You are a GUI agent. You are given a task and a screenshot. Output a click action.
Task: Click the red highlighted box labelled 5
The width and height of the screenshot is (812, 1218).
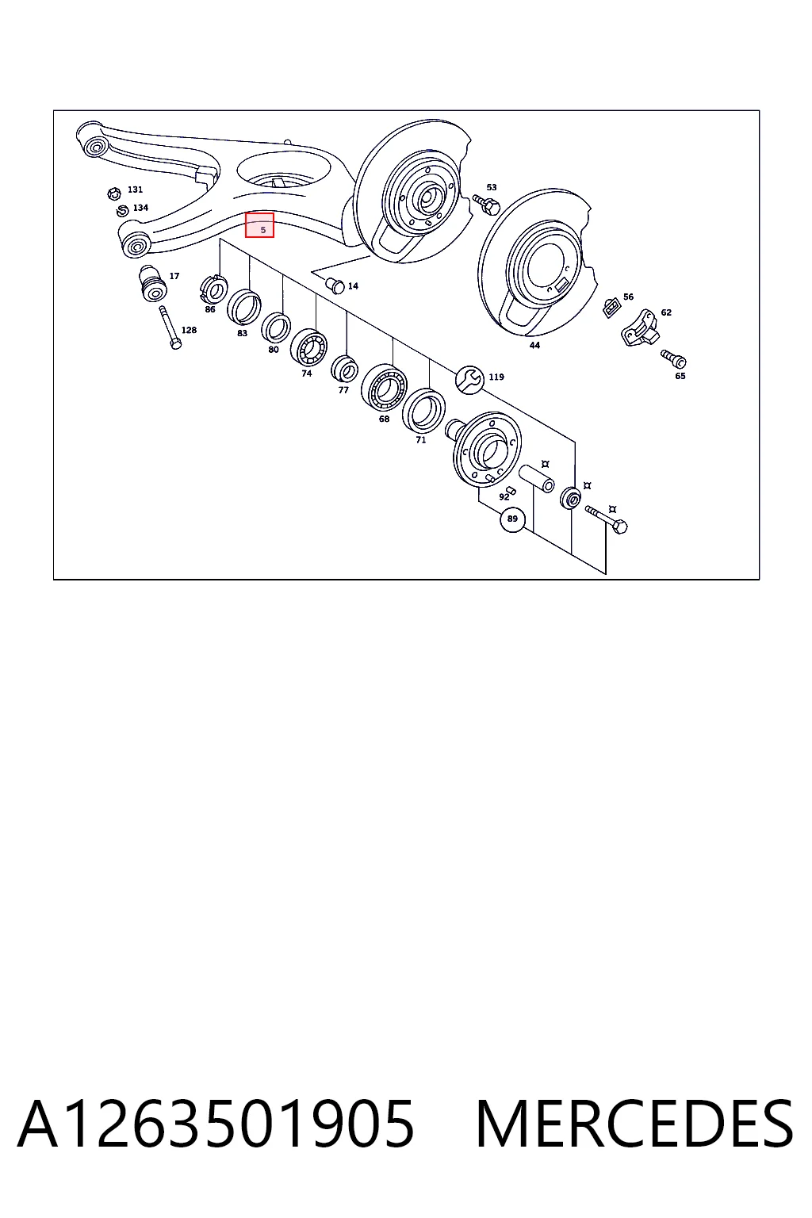(259, 225)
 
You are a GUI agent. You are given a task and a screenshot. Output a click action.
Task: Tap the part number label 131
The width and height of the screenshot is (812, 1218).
(135, 190)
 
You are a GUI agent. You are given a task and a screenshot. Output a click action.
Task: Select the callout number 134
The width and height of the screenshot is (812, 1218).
(140, 208)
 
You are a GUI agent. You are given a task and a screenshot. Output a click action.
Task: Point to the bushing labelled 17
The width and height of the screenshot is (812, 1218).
(153, 283)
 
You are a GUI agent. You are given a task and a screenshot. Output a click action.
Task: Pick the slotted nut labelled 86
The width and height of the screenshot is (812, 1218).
(214, 289)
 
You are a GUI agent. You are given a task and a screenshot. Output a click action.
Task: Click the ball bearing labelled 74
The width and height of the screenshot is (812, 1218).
(308, 347)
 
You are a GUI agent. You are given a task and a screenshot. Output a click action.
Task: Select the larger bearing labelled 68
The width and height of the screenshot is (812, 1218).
(384, 387)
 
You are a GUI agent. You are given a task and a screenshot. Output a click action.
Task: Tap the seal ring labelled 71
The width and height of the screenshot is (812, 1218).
(423, 411)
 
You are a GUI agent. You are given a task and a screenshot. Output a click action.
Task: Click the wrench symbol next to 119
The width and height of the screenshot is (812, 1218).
(469, 380)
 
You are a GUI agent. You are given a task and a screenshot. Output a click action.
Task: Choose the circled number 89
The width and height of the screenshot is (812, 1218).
(512, 519)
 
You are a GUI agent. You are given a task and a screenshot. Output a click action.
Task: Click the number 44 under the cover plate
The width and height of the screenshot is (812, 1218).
(534, 345)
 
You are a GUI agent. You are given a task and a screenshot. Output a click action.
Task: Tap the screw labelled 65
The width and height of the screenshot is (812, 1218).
(673, 358)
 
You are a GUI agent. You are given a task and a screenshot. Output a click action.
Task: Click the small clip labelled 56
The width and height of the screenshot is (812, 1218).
(612, 308)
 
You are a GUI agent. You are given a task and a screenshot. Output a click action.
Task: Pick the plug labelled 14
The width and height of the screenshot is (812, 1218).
(335, 285)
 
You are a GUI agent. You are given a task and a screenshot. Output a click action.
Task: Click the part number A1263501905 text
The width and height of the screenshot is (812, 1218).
(216, 1124)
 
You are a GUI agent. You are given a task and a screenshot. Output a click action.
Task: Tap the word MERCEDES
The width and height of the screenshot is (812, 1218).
(634, 1124)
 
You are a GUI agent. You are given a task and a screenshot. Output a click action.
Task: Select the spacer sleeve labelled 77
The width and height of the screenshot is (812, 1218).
(344, 368)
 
